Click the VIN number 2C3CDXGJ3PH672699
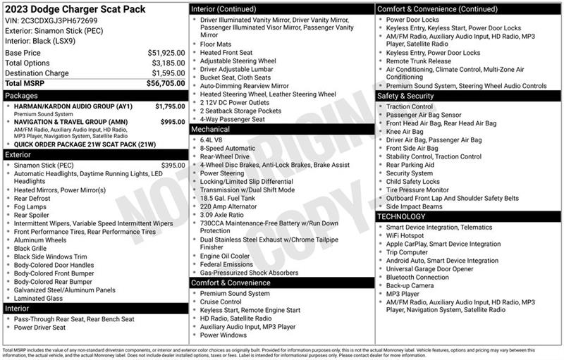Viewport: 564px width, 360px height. [x=49, y=21]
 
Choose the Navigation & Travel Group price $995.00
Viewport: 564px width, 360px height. [x=172, y=122]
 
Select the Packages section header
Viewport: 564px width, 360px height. [x=21, y=94]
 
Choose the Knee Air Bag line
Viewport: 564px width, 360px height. [x=405, y=132]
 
